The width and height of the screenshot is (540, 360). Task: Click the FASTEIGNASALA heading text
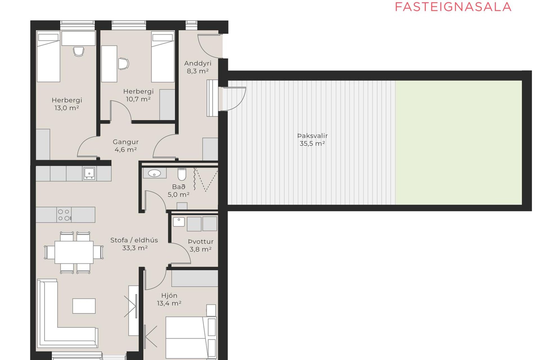(453, 7)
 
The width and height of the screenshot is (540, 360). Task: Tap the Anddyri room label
(198, 64)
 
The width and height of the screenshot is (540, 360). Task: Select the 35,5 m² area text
(312, 143)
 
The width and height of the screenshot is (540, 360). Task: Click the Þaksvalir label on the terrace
(312, 136)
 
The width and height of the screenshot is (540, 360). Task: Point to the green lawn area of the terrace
(459, 143)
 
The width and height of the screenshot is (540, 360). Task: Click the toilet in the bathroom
(182, 174)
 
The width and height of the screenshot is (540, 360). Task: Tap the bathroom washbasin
(154, 173)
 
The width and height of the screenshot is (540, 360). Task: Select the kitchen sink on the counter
(89, 173)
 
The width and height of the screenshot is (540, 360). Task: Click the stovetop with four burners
(64, 215)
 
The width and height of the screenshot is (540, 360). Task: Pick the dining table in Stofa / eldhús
(74, 252)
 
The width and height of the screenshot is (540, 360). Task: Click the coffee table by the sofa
(84, 306)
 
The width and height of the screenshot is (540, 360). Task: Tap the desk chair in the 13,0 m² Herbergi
(79, 51)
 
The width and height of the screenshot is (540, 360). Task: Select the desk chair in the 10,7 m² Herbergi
(123, 64)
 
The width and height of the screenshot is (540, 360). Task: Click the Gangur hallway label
(126, 142)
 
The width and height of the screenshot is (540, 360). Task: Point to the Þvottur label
(201, 242)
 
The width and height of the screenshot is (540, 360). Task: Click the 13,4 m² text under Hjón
(169, 303)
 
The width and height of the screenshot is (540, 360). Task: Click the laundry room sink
(179, 222)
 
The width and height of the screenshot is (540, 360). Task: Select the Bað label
(179, 187)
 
